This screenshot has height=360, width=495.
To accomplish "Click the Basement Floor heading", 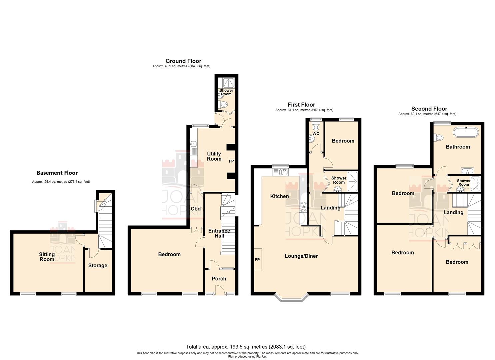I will pos(57,173).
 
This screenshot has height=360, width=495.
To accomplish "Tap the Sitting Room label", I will pos(47,257).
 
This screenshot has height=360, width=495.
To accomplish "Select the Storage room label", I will pos(98,266).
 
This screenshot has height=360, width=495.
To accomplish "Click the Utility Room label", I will pos(214,156).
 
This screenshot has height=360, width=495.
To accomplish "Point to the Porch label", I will pos(219,279).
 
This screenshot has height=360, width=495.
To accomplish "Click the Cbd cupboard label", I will pos(196,209).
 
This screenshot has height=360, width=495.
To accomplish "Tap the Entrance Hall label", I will pos(219,233).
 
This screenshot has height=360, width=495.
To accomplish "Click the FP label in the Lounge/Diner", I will pos(257,259).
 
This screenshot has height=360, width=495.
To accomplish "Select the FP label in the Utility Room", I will pos(231,161).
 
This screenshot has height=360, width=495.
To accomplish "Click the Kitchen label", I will pos(279,196).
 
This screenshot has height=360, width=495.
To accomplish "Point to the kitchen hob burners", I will pos(304,207).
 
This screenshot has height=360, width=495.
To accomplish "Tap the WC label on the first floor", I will pos(316,134).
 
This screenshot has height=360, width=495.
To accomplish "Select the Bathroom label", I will pos(458,147).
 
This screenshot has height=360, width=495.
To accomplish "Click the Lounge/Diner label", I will pos(301,256).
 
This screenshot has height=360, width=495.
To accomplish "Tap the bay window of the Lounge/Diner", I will pos(291,297).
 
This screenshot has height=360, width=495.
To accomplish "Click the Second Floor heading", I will pos(429,109).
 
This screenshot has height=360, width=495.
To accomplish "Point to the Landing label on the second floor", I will pos(453,212).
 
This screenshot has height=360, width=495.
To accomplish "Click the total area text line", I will pos(246,347).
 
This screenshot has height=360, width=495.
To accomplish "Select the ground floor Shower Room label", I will pos(226,92).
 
